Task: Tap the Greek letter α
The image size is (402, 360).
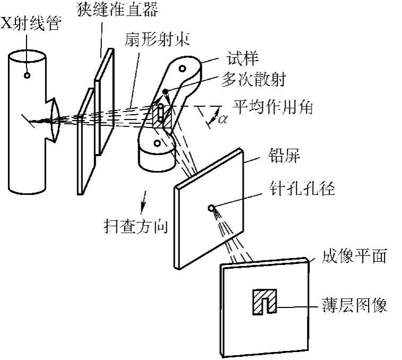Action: pos(223,119)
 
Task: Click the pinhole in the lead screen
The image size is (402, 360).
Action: pos(212,208)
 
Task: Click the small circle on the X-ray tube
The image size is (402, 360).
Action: pos(27,75)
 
